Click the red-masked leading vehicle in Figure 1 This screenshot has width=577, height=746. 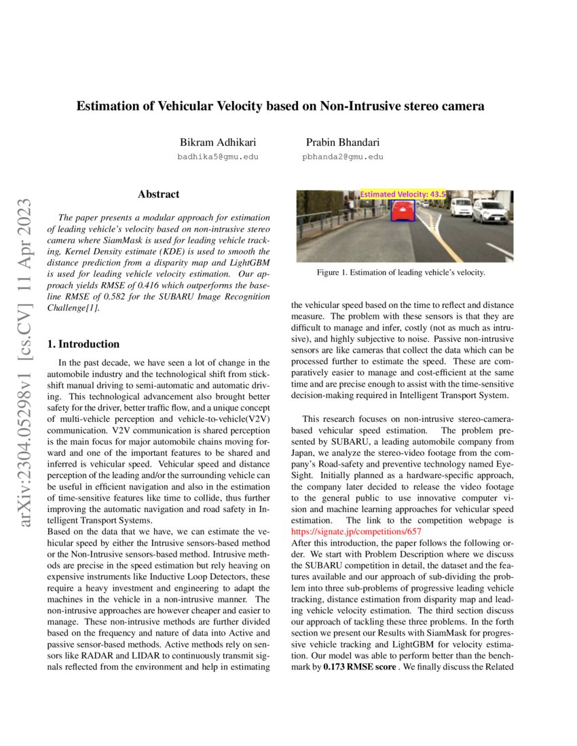(403, 212)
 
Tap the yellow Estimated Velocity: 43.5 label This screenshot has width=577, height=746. (403, 194)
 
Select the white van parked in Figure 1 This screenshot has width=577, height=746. (461, 206)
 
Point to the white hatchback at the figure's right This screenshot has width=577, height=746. (489, 211)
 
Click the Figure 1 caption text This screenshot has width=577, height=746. (401, 273)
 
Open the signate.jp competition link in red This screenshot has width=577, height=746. (356, 532)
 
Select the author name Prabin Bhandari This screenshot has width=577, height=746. (343, 142)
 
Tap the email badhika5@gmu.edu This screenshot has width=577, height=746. (217, 157)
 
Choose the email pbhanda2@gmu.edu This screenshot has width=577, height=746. (343, 157)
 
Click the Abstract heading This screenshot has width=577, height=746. (158, 195)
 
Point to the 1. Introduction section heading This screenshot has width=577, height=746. (83, 344)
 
